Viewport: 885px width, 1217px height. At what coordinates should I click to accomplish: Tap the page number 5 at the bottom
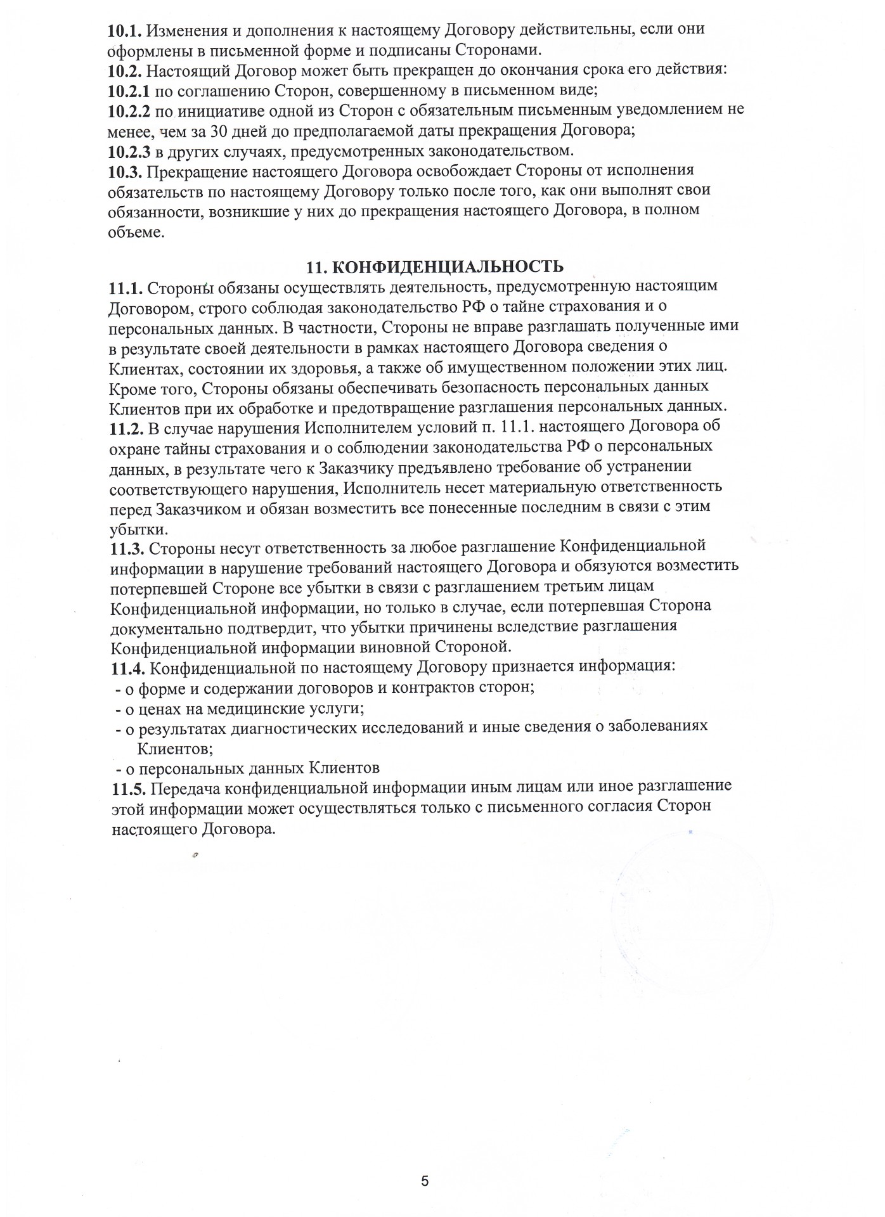pyautogui.click(x=425, y=1181)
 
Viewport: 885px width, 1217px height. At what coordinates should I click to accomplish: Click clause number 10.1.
pyautogui.click(x=124, y=29)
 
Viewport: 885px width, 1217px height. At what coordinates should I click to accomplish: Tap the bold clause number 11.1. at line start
pyautogui.click(x=125, y=287)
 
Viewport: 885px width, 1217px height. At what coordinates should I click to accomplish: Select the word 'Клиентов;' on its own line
pyautogui.click(x=174, y=748)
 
